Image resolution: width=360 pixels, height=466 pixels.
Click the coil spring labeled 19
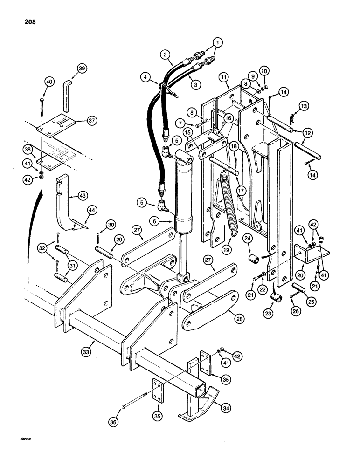228,200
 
